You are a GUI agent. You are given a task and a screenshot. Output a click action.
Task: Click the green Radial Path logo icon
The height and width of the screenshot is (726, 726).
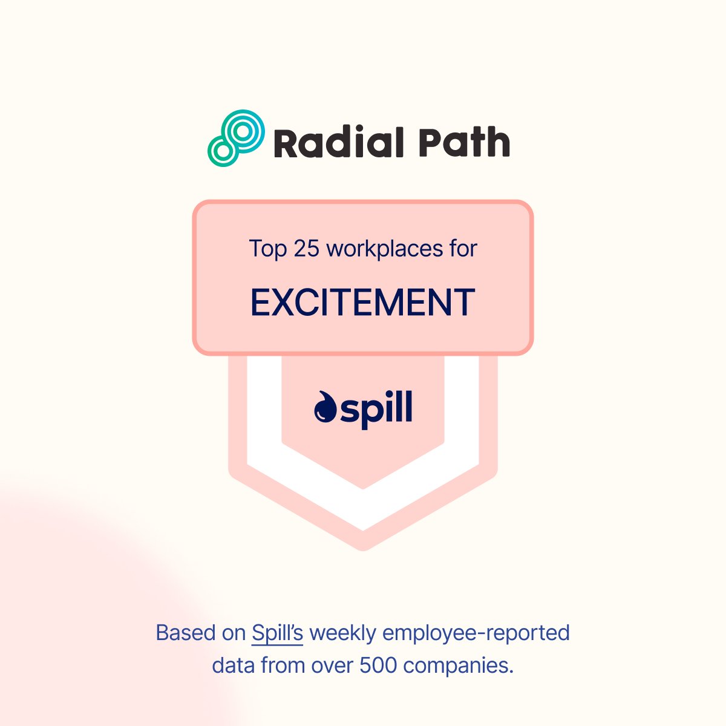236,139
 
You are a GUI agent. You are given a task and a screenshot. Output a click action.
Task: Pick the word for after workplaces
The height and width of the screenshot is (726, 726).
463,249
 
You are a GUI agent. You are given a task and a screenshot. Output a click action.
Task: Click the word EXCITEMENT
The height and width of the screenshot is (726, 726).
363,302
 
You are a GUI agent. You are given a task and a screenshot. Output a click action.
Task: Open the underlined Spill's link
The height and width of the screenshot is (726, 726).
277,633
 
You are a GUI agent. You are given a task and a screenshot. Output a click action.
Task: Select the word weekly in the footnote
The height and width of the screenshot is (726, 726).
343,633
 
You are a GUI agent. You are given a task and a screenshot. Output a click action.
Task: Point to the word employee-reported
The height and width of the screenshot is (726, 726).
477,633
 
